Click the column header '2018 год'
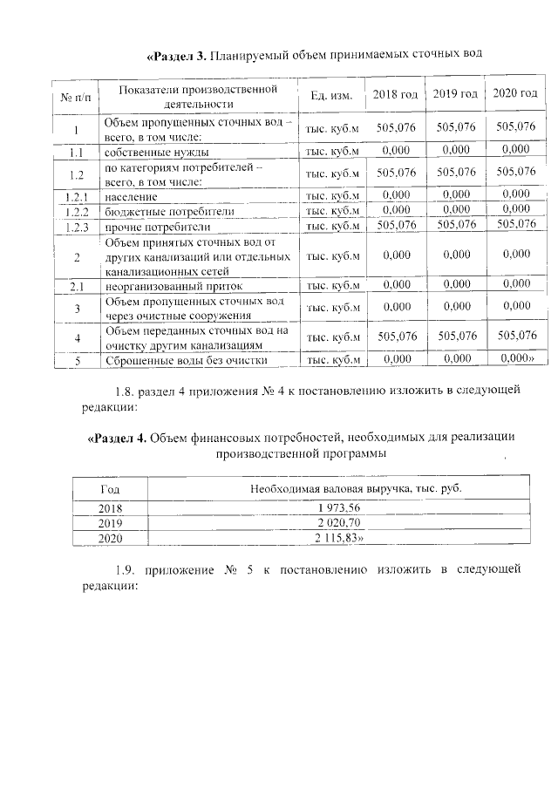pyautogui.click(x=396, y=94)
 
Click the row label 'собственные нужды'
pyautogui.click(x=156, y=152)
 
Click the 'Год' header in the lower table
pyautogui.click(x=111, y=489)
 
